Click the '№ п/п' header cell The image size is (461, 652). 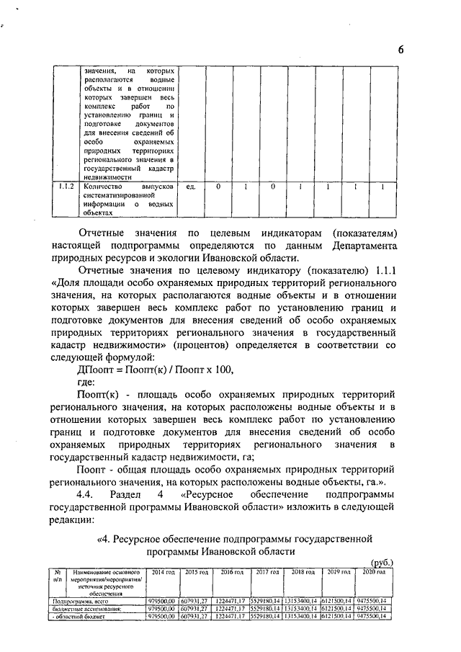point(57,575)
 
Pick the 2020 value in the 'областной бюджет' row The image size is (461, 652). point(374,617)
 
